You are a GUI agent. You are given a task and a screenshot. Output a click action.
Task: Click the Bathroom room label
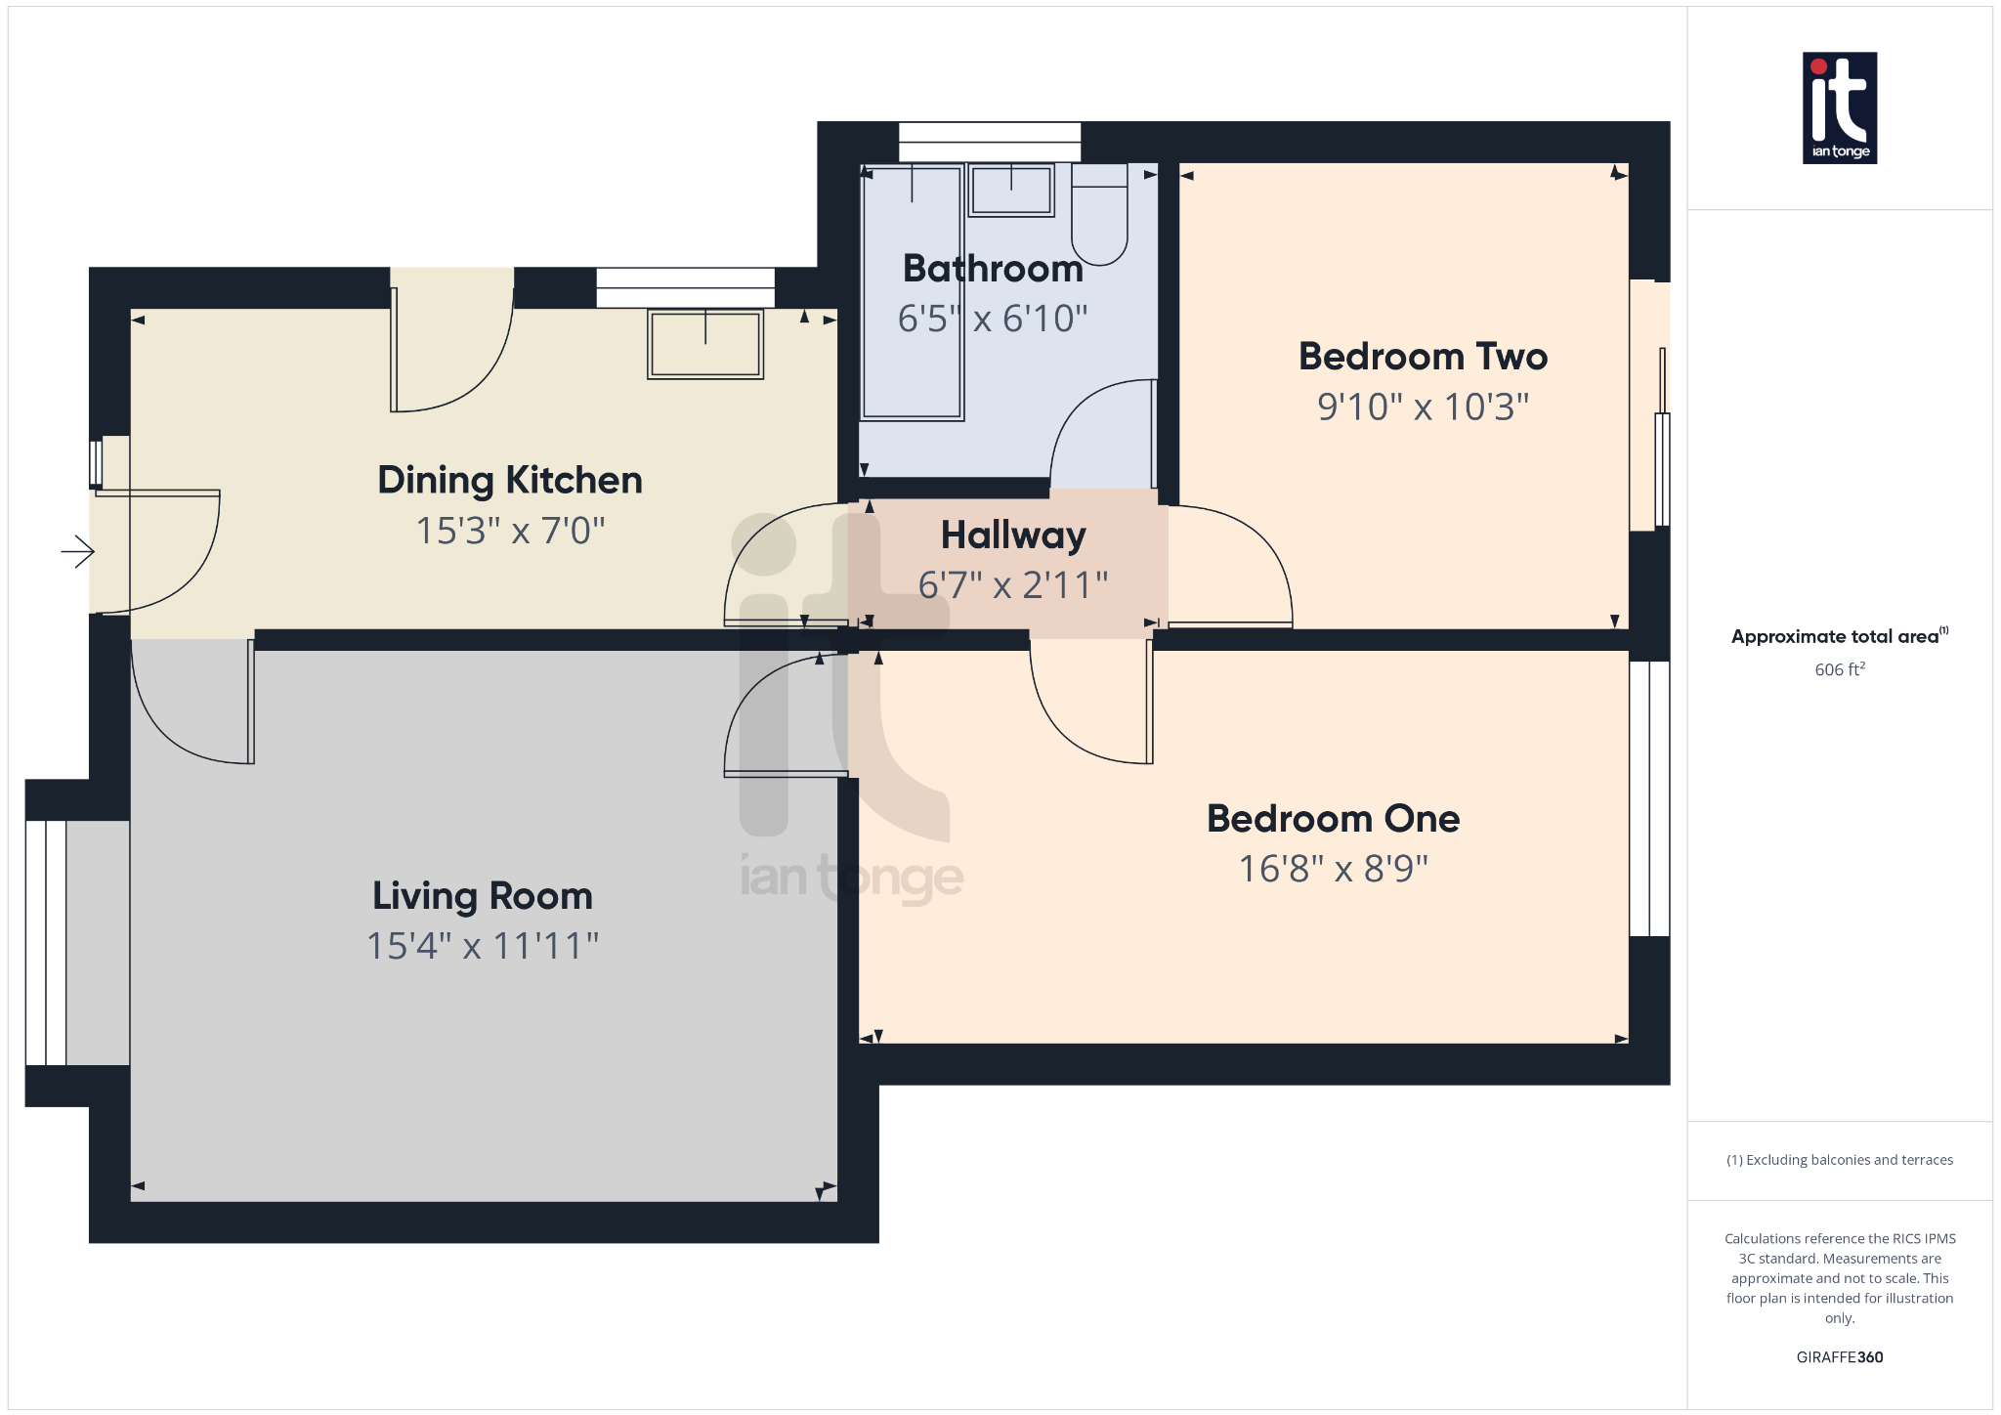993,269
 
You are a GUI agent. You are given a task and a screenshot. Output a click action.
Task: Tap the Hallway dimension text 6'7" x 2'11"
1013,585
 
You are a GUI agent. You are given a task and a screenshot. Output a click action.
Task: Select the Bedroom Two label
1423,357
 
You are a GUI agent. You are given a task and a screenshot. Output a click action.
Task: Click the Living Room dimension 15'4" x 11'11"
482,946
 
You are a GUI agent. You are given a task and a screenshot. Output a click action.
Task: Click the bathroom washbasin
1011,190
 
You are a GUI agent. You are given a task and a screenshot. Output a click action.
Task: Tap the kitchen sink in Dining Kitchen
704,344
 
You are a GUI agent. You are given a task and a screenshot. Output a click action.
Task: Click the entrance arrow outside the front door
78,552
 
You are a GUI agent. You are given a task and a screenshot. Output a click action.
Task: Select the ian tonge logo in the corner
1839,107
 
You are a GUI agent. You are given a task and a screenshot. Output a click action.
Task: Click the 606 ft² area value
1839,669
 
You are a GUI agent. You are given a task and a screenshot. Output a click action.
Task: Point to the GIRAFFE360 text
1839,1357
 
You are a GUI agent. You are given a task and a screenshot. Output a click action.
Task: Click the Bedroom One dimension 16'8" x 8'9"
1333,869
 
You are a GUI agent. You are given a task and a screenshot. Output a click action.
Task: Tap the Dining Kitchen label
510,481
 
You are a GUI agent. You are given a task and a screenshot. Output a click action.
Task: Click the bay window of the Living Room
46,943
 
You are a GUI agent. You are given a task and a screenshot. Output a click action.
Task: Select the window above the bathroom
989,142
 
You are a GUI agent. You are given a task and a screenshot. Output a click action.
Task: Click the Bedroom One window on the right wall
1649,798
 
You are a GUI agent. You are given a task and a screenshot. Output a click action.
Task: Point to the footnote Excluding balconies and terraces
1839,1160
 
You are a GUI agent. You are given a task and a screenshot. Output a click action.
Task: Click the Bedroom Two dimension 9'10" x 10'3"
1423,407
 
